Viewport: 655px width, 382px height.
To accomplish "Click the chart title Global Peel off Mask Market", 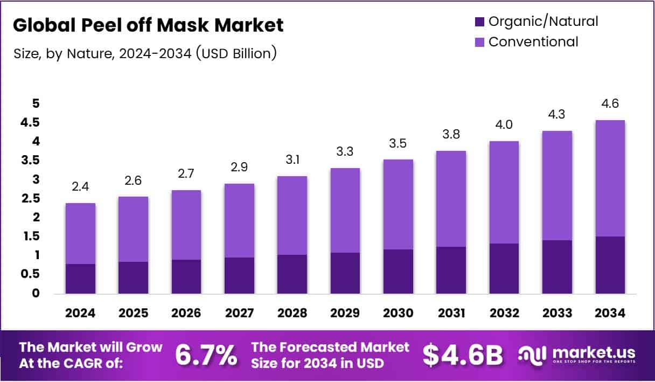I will tap(148, 25).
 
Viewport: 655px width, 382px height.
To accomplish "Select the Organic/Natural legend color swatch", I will tap(479, 22).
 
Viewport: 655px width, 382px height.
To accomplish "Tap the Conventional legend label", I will tap(533, 41).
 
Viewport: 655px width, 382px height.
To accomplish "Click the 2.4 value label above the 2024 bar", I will tap(81, 187).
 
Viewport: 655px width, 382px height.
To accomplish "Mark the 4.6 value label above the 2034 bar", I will tap(610, 103).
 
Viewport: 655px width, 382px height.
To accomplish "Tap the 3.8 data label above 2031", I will tap(450, 135).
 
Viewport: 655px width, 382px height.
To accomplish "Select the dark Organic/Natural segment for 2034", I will tap(610, 265).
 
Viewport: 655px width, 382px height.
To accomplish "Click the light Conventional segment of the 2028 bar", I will tap(292, 216).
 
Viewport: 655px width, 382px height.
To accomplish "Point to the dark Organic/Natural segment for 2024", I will tap(81, 279).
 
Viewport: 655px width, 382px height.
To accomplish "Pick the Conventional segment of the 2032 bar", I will tap(503, 192).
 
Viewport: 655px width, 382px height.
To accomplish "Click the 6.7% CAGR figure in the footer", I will tap(206, 355).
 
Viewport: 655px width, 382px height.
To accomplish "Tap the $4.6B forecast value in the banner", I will tap(463, 355).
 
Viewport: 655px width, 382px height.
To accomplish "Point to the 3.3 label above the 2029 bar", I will tap(345, 152).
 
